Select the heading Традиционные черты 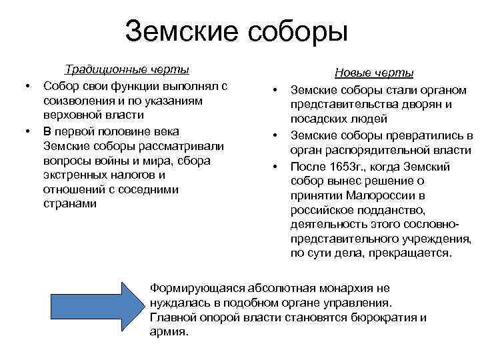click(126, 70)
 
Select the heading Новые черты click(374, 73)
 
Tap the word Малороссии click(377, 195)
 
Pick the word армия click(169, 331)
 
